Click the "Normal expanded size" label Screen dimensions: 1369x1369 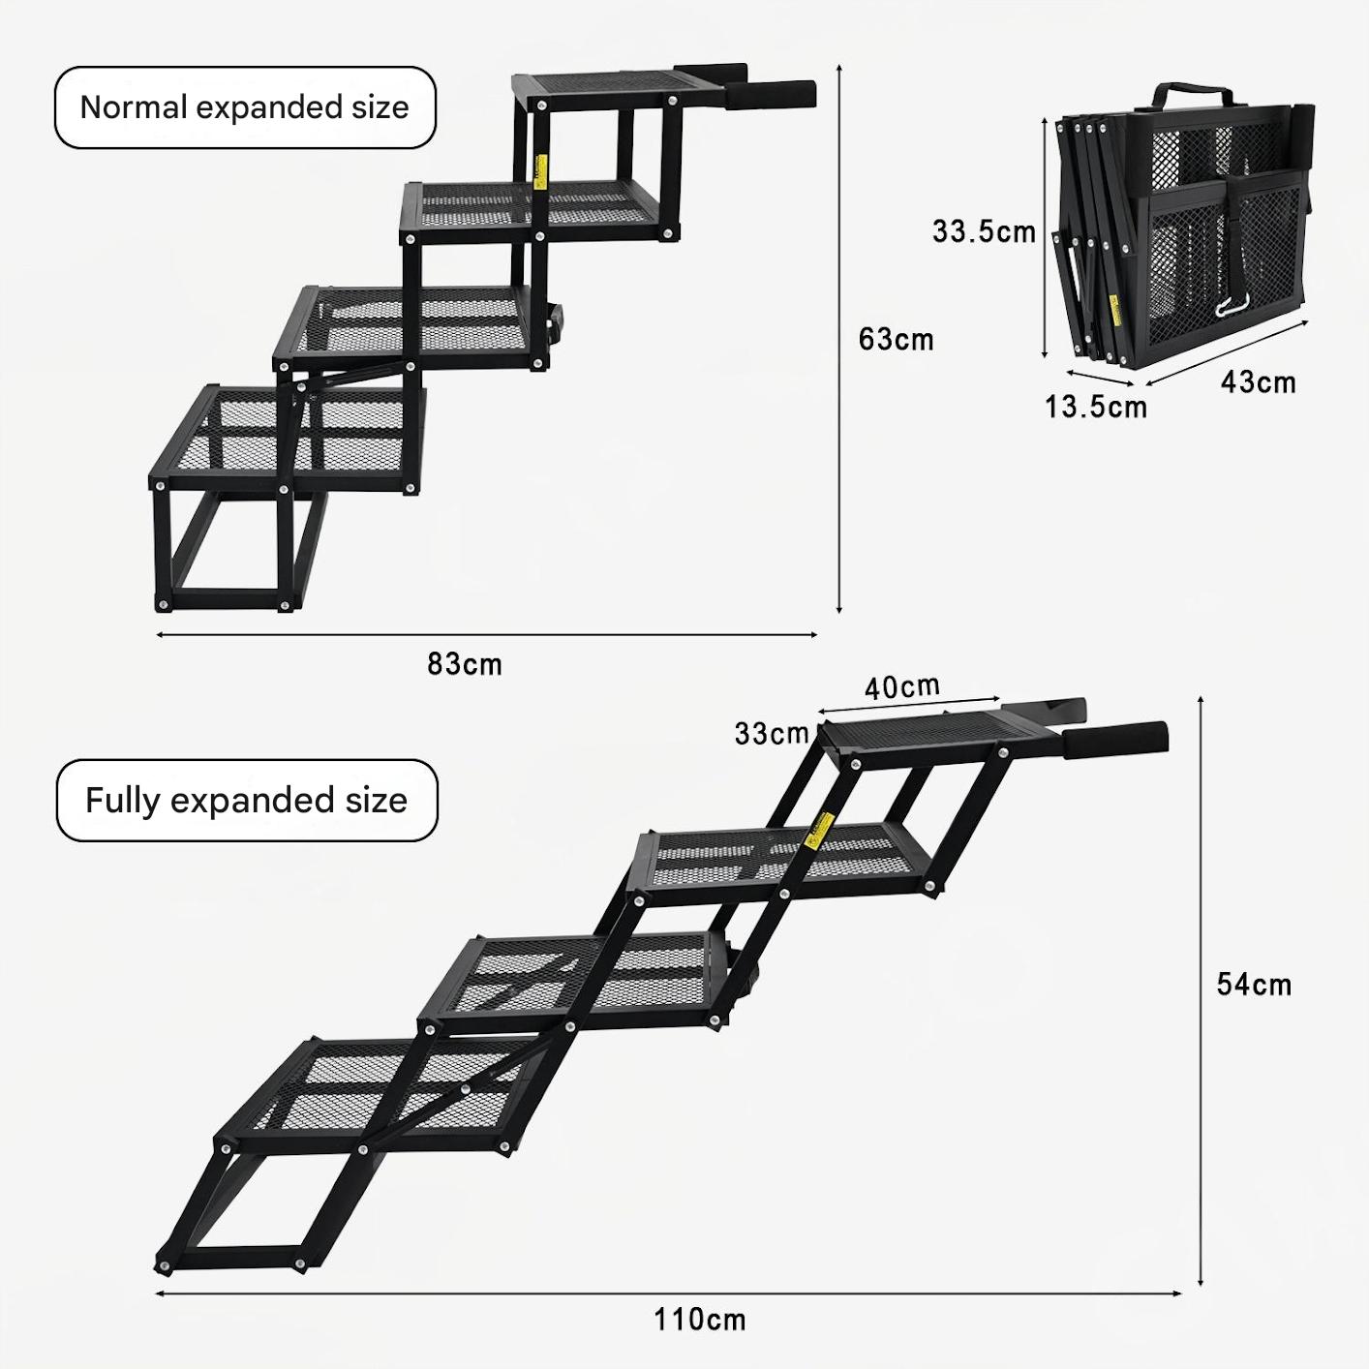244,107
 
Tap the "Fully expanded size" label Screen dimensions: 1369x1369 246,801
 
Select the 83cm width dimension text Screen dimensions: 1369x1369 465,665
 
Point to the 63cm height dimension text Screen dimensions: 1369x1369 896,340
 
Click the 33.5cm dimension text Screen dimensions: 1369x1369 984,232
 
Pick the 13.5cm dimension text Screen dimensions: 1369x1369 1095,407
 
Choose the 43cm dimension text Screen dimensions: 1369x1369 1258,382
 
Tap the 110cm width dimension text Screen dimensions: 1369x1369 699,1320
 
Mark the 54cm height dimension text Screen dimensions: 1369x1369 1254,985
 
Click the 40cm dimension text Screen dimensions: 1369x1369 901,688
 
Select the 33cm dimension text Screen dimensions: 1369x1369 771,734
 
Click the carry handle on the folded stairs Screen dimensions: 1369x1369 1193,95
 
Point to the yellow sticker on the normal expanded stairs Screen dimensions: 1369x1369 540,175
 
